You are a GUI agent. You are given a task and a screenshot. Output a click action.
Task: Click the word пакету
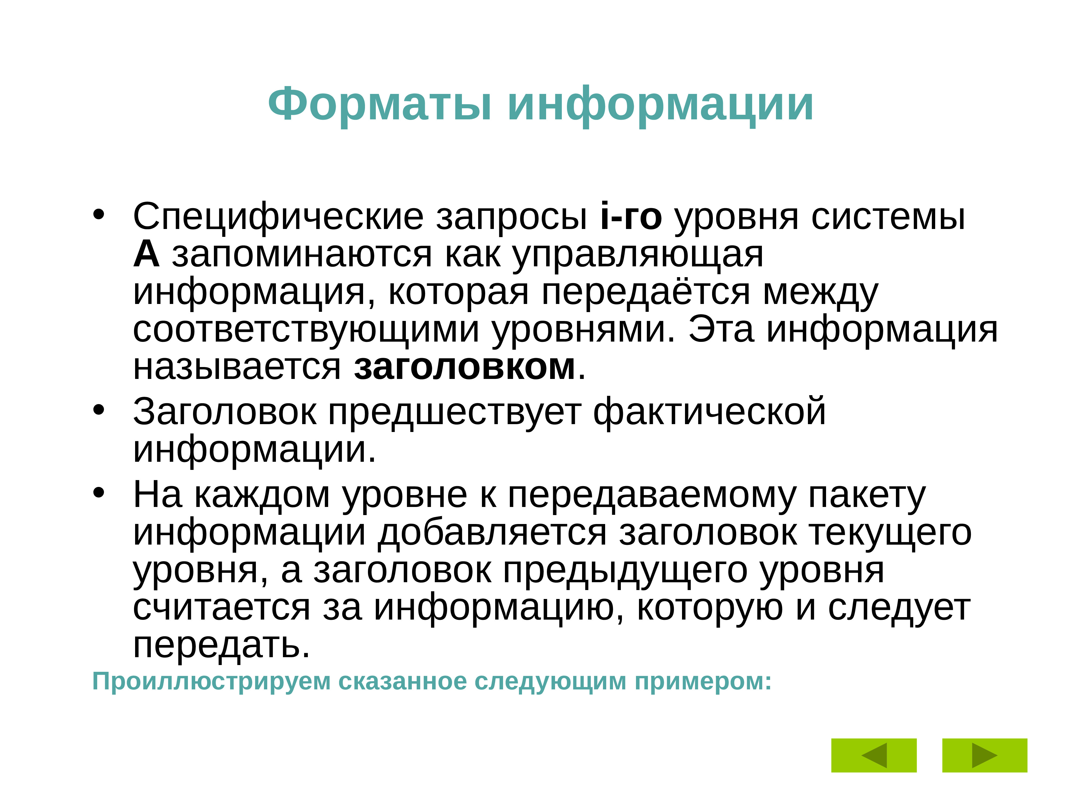pyautogui.click(x=867, y=495)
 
